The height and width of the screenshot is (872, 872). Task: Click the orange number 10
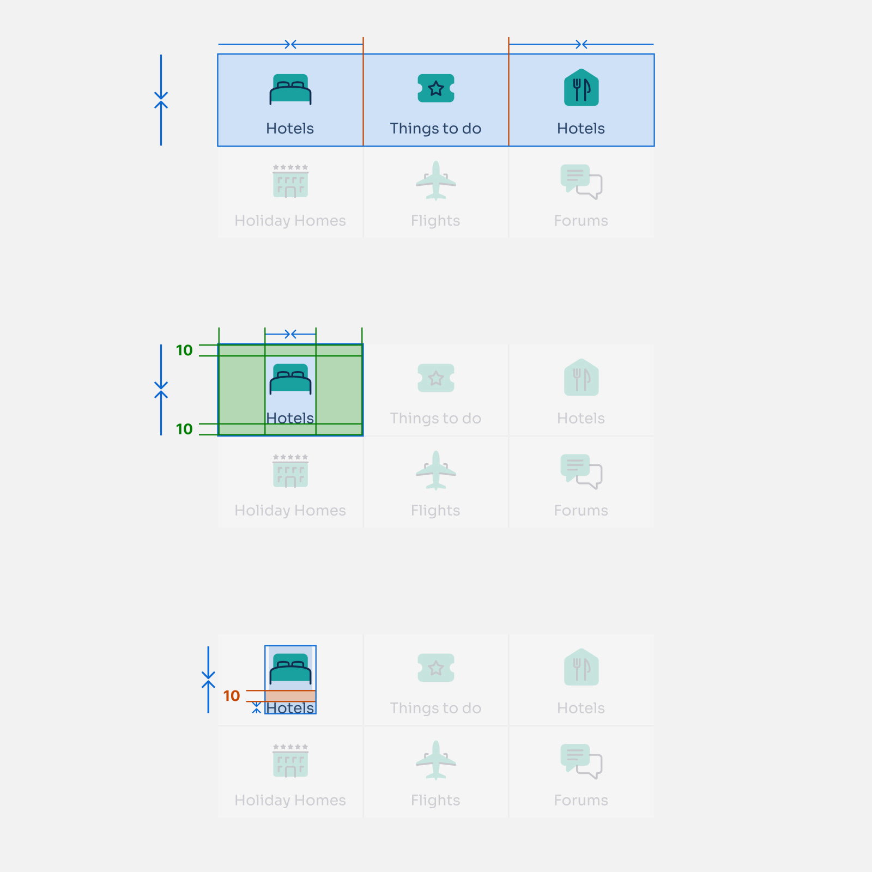pyautogui.click(x=232, y=696)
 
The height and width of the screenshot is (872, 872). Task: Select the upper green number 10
pyautogui.click(x=184, y=350)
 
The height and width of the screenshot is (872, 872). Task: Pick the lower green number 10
pyautogui.click(x=184, y=429)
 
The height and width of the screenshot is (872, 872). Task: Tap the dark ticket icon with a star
pyautogui.click(x=436, y=88)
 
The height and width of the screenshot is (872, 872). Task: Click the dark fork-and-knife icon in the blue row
pyautogui.click(x=582, y=87)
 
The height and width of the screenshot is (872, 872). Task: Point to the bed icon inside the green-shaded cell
pyautogui.click(x=290, y=379)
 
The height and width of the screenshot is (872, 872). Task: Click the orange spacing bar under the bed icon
pyautogui.click(x=290, y=696)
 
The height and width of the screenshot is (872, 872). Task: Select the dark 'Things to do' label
pyautogui.click(x=436, y=129)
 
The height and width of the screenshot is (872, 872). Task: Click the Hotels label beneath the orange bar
pyautogui.click(x=290, y=708)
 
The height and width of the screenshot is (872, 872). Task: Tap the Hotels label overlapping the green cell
pyautogui.click(x=290, y=418)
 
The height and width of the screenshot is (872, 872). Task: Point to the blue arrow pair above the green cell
pyautogui.click(x=290, y=334)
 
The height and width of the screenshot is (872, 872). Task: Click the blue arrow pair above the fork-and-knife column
pyautogui.click(x=582, y=44)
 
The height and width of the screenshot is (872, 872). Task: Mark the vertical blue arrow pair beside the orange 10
pyautogui.click(x=208, y=680)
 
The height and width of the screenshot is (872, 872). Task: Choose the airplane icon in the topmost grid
pyautogui.click(x=436, y=180)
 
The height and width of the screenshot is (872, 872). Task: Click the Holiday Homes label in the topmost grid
pyautogui.click(x=290, y=221)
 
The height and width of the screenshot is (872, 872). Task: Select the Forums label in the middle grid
pyautogui.click(x=582, y=511)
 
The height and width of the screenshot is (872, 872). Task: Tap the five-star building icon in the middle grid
pyautogui.click(x=290, y=471)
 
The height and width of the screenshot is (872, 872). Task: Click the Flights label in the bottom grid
pyautogui.click(x=436, y=801)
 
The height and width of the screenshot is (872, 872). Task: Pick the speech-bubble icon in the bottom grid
pyautogui.click(x=582, y=761)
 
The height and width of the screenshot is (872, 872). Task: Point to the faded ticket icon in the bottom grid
pyautogui.click(x=436, y=668)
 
